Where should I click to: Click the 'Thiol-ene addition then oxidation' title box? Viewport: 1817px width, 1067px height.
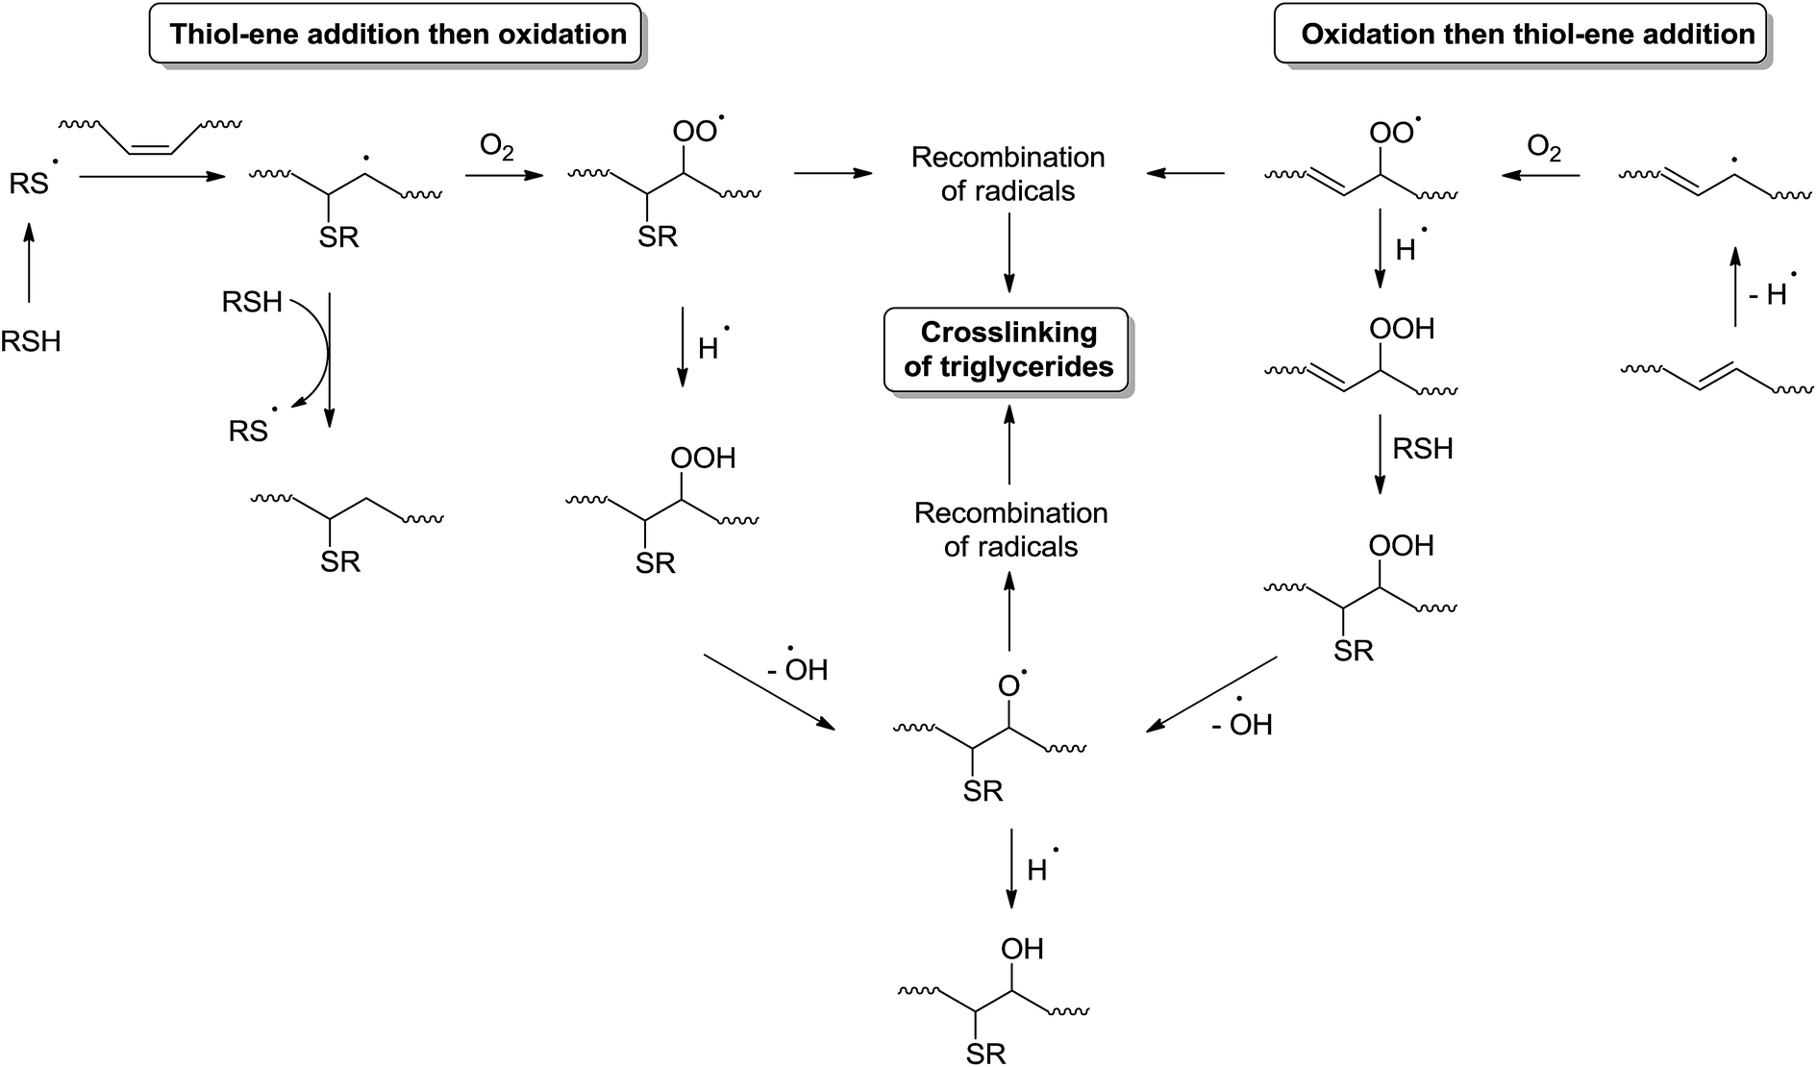(x=397, y=36)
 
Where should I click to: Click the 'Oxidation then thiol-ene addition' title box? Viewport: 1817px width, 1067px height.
(x=1527, y=36)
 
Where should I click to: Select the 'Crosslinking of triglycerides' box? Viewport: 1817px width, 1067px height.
(x=1008, y=349)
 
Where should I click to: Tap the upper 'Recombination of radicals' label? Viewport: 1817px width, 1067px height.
(x=1008, y=174)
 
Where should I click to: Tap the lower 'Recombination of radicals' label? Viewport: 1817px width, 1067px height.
(x=1010, y=530)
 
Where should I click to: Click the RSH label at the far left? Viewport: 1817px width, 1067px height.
(x=31, y=341)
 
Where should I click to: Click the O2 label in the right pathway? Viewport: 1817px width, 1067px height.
(x=1544, y=149)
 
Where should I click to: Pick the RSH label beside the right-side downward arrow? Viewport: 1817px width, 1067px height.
(x=1423, y=449)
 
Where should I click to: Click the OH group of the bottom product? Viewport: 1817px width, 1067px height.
(x=1021, y=949)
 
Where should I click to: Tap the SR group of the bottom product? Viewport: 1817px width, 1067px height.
(x=985, y=1054)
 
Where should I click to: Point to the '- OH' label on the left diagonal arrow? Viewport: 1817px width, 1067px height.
(x=799, y=667)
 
